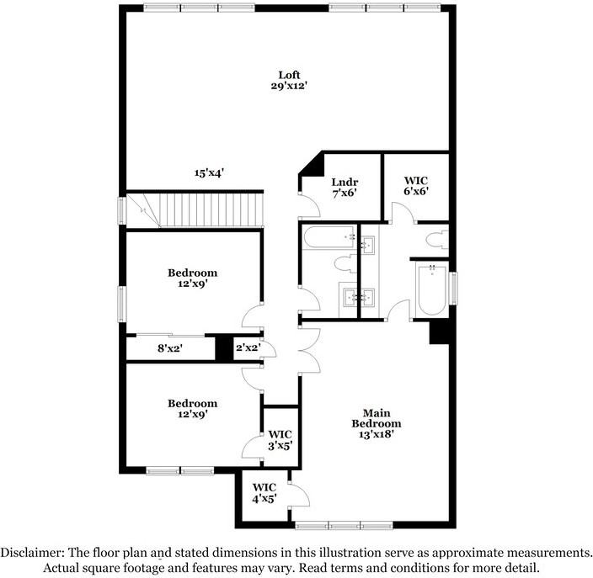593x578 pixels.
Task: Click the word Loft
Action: [x=290, y=75]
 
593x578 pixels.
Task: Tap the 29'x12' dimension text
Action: [x=290, y=87]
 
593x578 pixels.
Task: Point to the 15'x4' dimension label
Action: [x=208, y=172]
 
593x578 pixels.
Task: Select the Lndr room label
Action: [x=344, y=181]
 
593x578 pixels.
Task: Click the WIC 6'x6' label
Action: [x=415, y=185]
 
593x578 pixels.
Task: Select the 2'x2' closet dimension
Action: [x=248, y=347]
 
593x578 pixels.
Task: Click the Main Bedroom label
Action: [x=376, y=418]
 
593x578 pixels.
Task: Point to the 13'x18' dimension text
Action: [x=376, y=435]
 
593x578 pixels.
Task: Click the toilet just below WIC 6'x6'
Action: [x=437, y=239]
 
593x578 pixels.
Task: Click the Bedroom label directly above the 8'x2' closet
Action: [x=192, y=278]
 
